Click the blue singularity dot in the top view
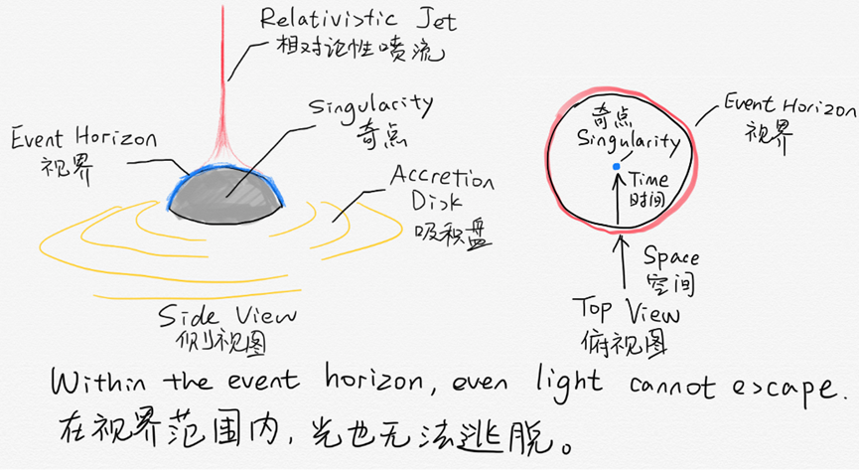pyautogui.click(x=617, y=165)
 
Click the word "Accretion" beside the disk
pyautogui.click(x=441, y=179)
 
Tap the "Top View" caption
pyautogui.click(x=628, y=313)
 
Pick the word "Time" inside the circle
pyautogui.click(x=649, y=181)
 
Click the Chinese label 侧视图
pyautogui.click(x=215, y=342)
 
